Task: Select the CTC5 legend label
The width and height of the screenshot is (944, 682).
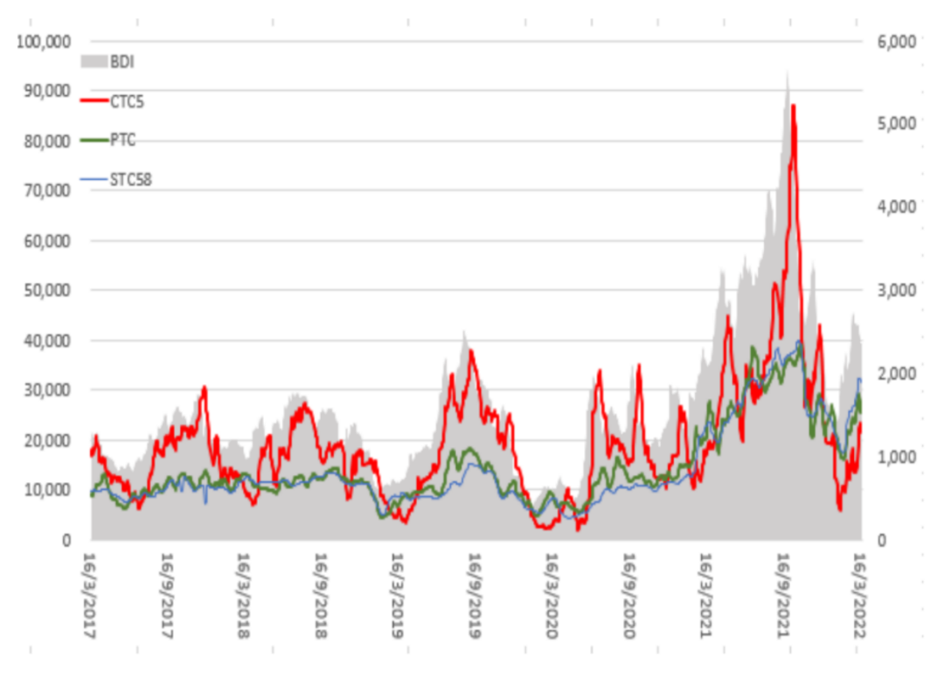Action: click(x=128, y=101)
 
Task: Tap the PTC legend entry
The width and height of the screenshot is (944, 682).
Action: click(x=122, y=140)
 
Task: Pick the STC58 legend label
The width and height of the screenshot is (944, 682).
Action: click(x=131, y=181)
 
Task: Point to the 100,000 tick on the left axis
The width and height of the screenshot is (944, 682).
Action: click(x=45, y=42)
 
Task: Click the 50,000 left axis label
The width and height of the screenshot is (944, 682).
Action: click(x=48, y=291)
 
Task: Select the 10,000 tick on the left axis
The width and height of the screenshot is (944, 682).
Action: click(x=48, y=490)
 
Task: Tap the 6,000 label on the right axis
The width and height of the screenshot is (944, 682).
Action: click(x=895, y=42)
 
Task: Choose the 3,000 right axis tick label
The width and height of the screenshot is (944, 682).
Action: click(x=895, y=291)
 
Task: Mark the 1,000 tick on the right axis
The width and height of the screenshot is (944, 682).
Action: click(x=895, y=457)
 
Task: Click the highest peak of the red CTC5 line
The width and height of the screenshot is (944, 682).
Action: click(x=793, y=106)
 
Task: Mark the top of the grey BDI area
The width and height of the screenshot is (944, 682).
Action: click(x=788, y=72)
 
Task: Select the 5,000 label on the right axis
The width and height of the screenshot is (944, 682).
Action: click(x=895, y=125)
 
